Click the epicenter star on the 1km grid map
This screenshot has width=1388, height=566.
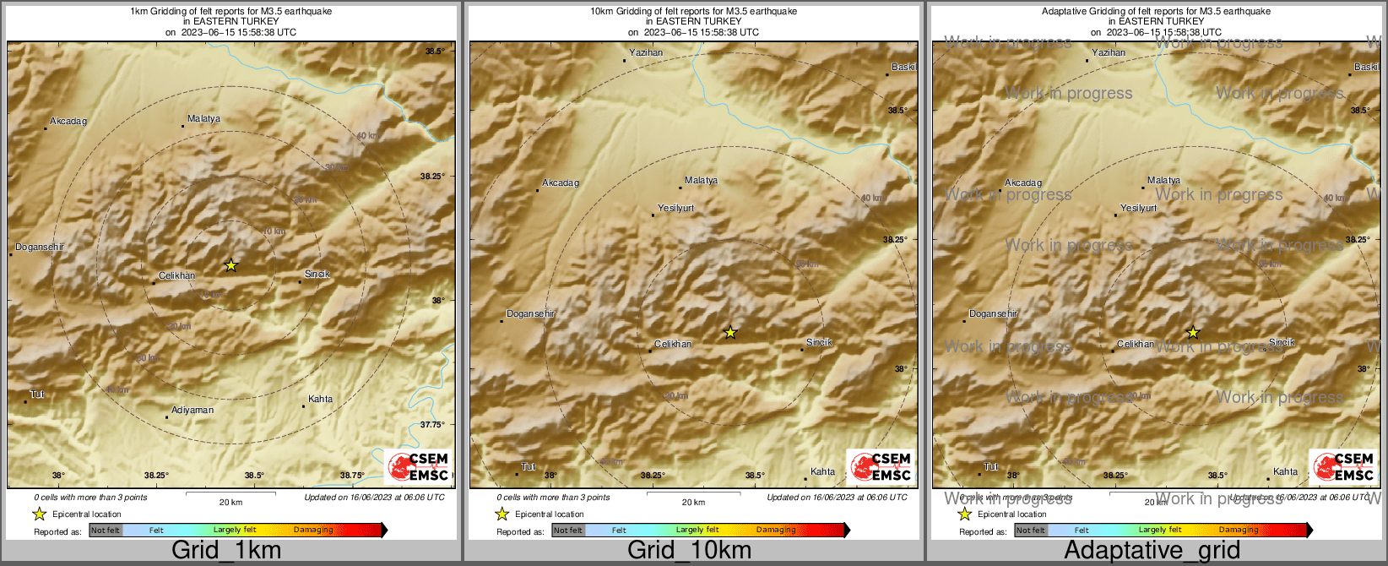tap(231, 265)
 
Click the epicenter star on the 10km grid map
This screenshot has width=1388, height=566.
tap(731, 333)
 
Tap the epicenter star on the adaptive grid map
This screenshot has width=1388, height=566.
tap(1193, 333)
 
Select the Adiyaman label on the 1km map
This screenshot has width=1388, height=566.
tap(192, 411)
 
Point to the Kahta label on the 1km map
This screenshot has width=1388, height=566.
tap(320, 399)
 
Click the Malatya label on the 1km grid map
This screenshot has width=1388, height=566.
tap(203, 119)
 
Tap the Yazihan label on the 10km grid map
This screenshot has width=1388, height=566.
tap(646, 52)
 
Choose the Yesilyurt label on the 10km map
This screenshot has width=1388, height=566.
tap(675, 208)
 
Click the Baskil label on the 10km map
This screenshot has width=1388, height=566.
tap(903, 67)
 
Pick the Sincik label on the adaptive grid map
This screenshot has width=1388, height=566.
tap(1282, 342)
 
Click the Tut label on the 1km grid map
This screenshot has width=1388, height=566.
tap(37, 395)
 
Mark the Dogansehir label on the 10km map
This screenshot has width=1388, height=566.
tap(531, 314)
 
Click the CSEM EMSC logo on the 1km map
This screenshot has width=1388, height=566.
tap(418, 467)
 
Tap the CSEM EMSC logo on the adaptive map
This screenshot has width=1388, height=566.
tap(1342, 467)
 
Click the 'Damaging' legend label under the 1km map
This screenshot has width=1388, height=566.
tap(313, 531)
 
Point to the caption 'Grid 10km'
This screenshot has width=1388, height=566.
tap(689, 551)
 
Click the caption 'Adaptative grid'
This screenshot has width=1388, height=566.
tap(1152, 551)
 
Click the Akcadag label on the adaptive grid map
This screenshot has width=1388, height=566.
tap(1023, 183)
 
